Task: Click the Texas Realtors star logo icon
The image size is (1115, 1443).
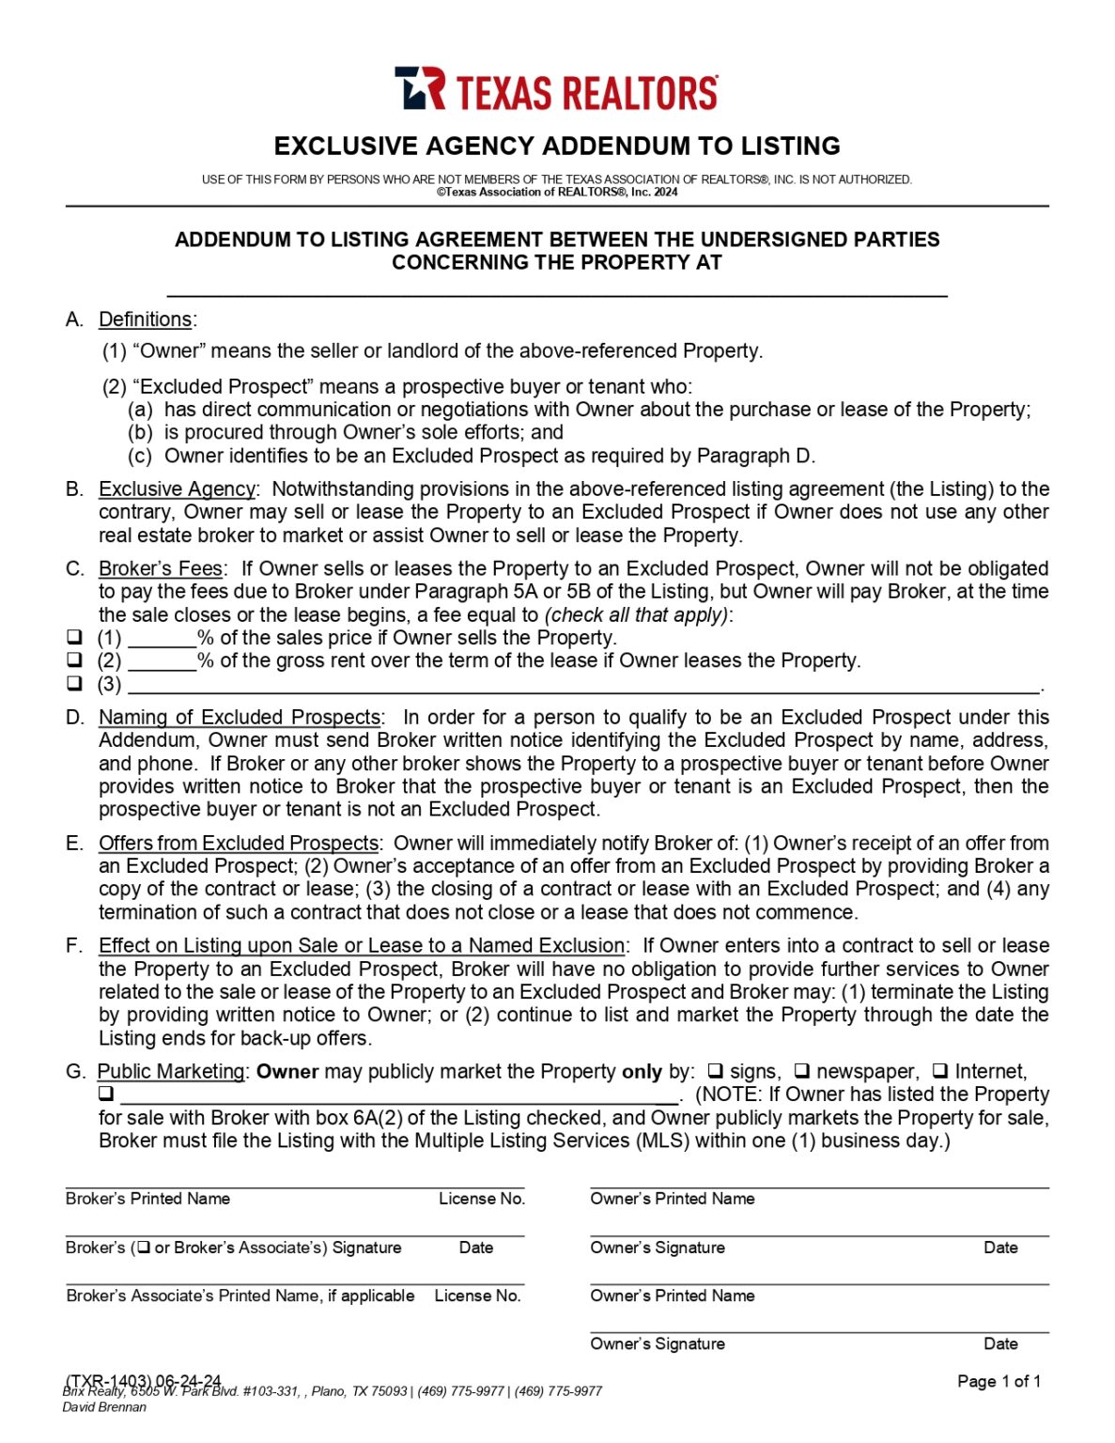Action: [x=419, y=88]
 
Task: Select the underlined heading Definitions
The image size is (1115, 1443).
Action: [x=145, y=319]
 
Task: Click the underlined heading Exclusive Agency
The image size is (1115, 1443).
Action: [x=177, y=489]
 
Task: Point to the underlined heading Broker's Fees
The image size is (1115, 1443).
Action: [x=160, y=569]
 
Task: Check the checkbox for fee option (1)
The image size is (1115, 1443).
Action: [x=75, y=637]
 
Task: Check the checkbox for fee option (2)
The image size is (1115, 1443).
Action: [x=75, y=660]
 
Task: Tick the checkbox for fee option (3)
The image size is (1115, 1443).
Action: [x=75, y=683]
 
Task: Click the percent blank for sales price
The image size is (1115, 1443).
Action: [x=162, y=639]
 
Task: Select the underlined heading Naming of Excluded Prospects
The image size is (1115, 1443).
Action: [x=240, y=718]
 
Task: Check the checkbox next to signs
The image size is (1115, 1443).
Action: [x=715, y=1071]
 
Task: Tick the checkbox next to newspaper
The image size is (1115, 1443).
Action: [x=801, y=1071]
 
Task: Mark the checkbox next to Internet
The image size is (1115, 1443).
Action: [x=939, y=1071]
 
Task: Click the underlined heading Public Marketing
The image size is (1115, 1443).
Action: [x=171, y=1072]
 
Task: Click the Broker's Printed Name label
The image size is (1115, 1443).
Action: [x=147, y=1199]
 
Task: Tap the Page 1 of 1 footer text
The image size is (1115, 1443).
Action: [x=999, y=1381]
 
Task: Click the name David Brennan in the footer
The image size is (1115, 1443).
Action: [x=104, y=1407]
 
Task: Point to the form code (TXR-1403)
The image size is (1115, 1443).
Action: [x=107, y=1380]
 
